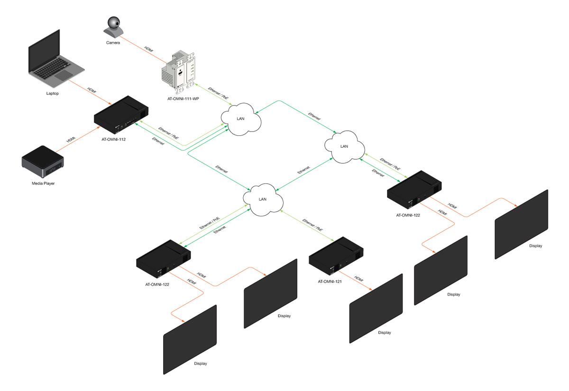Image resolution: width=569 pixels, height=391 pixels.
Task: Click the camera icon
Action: tap(114, 27)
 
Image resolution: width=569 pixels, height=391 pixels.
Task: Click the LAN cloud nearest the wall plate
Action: tap(241, 119)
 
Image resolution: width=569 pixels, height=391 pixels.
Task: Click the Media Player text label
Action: tap(43, 183)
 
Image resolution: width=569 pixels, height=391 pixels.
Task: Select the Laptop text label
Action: tap(52, 94)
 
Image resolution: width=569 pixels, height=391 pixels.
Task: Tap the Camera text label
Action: tap(113, 43)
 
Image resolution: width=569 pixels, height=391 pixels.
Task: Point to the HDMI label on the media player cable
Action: tap(71, 140)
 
